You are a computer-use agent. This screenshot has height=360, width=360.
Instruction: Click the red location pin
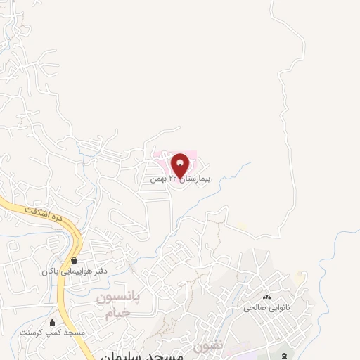point(180,165)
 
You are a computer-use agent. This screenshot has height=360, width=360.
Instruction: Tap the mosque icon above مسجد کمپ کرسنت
point(51,322)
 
